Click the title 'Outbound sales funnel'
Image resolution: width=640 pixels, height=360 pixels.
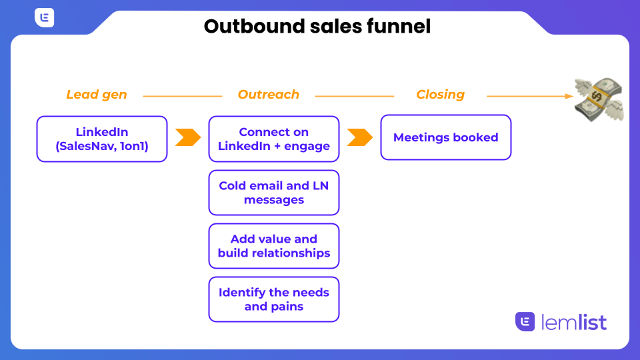317,26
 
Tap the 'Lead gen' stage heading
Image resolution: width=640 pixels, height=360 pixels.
97,95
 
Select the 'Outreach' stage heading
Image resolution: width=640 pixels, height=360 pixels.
269,95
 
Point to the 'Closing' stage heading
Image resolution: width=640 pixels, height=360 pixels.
441,95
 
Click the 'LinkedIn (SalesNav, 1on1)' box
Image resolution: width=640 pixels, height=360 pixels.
102,139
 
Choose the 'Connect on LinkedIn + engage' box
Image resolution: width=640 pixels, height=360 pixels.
274,139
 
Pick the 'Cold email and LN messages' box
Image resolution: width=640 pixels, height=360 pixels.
274,193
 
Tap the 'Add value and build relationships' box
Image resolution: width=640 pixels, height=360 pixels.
274,246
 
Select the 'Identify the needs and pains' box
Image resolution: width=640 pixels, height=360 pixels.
274,299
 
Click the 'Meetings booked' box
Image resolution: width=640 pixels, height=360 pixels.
446,137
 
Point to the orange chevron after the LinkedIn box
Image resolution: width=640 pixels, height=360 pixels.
188,137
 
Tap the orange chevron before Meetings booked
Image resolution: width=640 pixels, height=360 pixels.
360,137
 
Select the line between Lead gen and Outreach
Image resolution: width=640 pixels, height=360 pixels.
183,96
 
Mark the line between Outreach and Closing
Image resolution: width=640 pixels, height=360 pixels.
355,96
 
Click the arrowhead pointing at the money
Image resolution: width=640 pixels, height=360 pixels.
569,96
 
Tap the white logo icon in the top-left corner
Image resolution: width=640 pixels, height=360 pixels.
44,18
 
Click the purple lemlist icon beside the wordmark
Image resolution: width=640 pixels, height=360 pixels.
525,321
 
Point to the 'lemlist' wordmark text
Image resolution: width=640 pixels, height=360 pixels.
575,322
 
